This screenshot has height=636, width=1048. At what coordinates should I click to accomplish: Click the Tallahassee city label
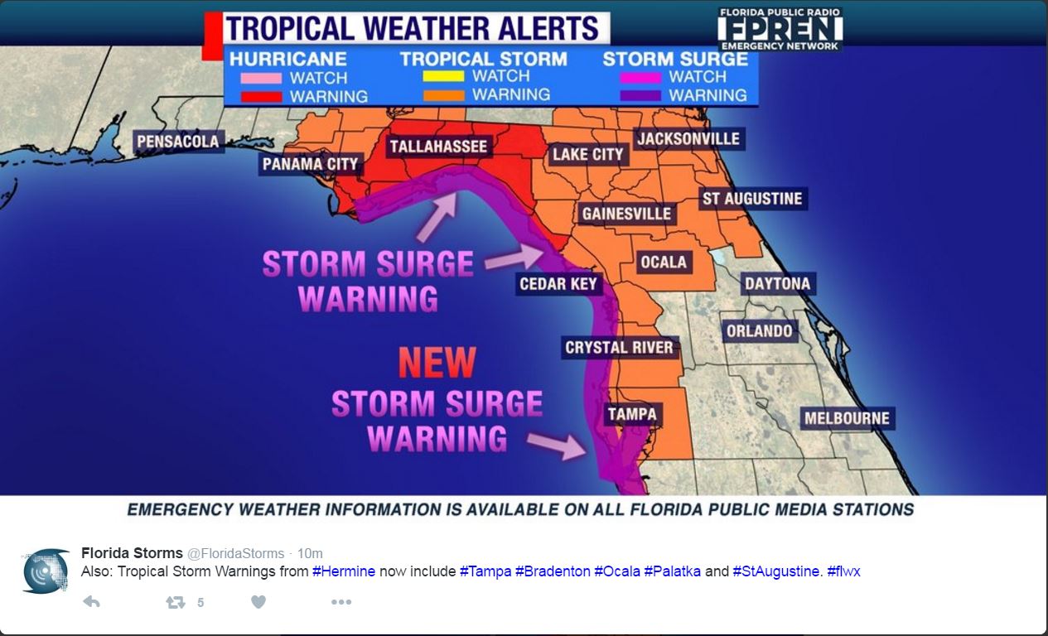pyautogui.click(x=439, y=147)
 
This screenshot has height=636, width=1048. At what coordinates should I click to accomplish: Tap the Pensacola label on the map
pyautogui.click(x=178, y=141)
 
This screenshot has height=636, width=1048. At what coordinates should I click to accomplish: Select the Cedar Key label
pyautogui.click(x=558, y=284)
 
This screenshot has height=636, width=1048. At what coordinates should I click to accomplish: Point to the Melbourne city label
pyautogui.click(x=847, y=418)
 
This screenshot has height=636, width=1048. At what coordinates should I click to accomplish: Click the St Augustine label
pyautogui.click(x=752, y=199)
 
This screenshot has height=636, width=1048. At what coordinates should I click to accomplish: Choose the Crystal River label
pyautogui.click(x=619, y=347)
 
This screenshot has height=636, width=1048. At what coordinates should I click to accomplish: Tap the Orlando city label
pyautogui.click(x=759, y=331)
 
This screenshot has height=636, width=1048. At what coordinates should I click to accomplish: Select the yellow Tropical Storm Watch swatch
pyautogui.click(x=443, y=77)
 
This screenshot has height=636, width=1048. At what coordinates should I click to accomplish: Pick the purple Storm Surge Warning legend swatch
pyautogui.click(x=640, y=95)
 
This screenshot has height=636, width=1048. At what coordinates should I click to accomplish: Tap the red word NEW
pyautogui.click(x=437, y=363)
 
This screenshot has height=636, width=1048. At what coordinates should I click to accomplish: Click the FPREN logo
pyautogui.click(x=780, y=29)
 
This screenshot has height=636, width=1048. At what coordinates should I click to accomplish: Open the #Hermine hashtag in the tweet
pyautogui.click(x=344, y=571)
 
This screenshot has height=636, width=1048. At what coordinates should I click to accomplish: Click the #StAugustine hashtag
pyautogui.click(x=777, y=571)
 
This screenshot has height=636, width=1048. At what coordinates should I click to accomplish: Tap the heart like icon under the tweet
pyautogui.click(x=258, y=602)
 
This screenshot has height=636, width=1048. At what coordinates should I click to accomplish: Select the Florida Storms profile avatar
pyautogui.click(x=46, y=570)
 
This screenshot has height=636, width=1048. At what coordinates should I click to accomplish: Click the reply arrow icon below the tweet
pyautogui.click(x=91, y=602)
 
